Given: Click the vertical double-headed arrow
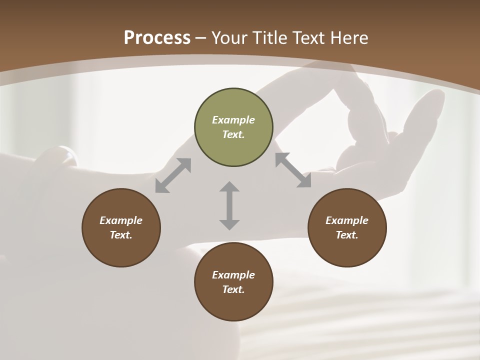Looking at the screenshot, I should [x=229, y=205].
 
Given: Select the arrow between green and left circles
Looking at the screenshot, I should [x=173, y=175].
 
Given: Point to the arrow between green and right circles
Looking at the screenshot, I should [x=293, y=170].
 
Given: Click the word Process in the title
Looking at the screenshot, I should [x=157, y=38].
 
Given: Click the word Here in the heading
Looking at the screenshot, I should [x=349, y=38].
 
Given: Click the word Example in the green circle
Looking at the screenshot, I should [x=233, y=120].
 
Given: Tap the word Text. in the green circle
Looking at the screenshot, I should [x=233, y=134].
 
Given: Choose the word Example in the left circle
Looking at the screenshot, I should [x=121, y=220].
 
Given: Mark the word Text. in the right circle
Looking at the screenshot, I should [x=347, y=235].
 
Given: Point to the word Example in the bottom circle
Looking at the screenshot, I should [x=233, y=275].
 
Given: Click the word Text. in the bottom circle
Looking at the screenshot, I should [x=233, y=289].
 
